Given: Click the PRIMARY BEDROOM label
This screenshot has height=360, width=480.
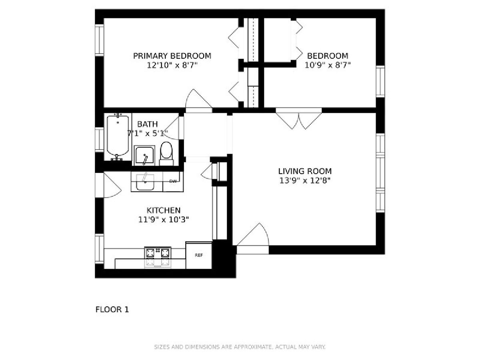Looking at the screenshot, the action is click(x=172, y=56).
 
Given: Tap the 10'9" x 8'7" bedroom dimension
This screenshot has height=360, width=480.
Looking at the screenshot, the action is click(x=328, y=65).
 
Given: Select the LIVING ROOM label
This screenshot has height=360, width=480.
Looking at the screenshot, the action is click(x=305, y=171).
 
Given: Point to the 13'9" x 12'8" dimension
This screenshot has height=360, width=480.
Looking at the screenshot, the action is click(x=305, y=180).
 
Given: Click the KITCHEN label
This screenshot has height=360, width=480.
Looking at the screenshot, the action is click(x=163, y=210).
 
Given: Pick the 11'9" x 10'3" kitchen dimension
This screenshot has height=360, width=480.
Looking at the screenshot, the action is click(x=163, y=220).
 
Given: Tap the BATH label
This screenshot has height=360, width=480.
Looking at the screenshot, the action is click(x=147, y=124).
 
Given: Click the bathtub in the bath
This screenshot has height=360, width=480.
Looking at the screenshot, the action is click(x=118, y=137).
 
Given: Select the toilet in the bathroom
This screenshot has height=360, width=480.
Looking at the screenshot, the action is click(x=166, y=154).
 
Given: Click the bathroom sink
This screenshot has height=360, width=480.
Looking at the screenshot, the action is click(x=144, y=156).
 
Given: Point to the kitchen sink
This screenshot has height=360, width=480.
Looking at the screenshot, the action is click(x=145, y=182).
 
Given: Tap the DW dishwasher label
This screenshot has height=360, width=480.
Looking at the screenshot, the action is click(x=173, y=181).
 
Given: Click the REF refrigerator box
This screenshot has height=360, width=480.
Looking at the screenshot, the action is click(x=199, y=255).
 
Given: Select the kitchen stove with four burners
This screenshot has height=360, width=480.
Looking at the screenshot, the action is click(x=158, y=257).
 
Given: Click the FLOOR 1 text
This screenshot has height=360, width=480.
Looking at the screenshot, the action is click(x=112, y=310).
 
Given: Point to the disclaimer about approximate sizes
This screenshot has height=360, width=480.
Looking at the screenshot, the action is click(x=240, y=347).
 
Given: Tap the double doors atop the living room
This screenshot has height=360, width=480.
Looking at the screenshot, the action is click(x=299, y=121).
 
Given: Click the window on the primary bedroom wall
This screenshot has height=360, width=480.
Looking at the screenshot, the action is click(x=99, y=40).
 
